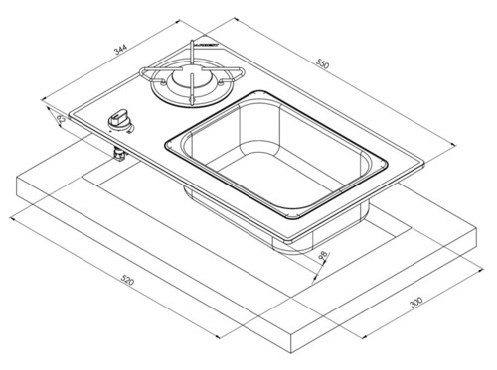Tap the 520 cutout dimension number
coord(129,284)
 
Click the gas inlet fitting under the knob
coord(118,154)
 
